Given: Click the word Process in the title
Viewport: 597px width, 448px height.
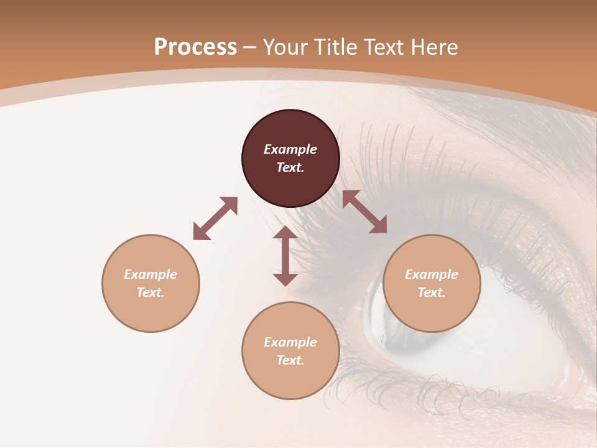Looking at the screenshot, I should point(195,47).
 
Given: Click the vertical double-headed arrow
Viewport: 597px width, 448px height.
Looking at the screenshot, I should point(285,256).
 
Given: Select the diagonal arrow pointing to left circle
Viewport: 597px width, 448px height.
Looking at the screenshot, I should point(215,218).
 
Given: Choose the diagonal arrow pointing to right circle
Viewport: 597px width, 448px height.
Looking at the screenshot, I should point(364,212).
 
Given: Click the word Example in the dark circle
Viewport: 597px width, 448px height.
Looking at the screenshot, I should point(290,149).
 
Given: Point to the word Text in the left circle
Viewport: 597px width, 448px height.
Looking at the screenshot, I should point(150,292).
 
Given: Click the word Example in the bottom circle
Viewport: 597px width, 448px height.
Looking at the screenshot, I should point(290,342).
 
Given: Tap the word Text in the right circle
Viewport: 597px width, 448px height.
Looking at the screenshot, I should point(432,292).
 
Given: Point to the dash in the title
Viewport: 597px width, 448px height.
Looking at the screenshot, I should point(250,47).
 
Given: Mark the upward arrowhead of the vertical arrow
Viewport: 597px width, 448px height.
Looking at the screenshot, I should point(285,234).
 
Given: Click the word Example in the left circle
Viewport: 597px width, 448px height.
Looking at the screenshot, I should point(150,274).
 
